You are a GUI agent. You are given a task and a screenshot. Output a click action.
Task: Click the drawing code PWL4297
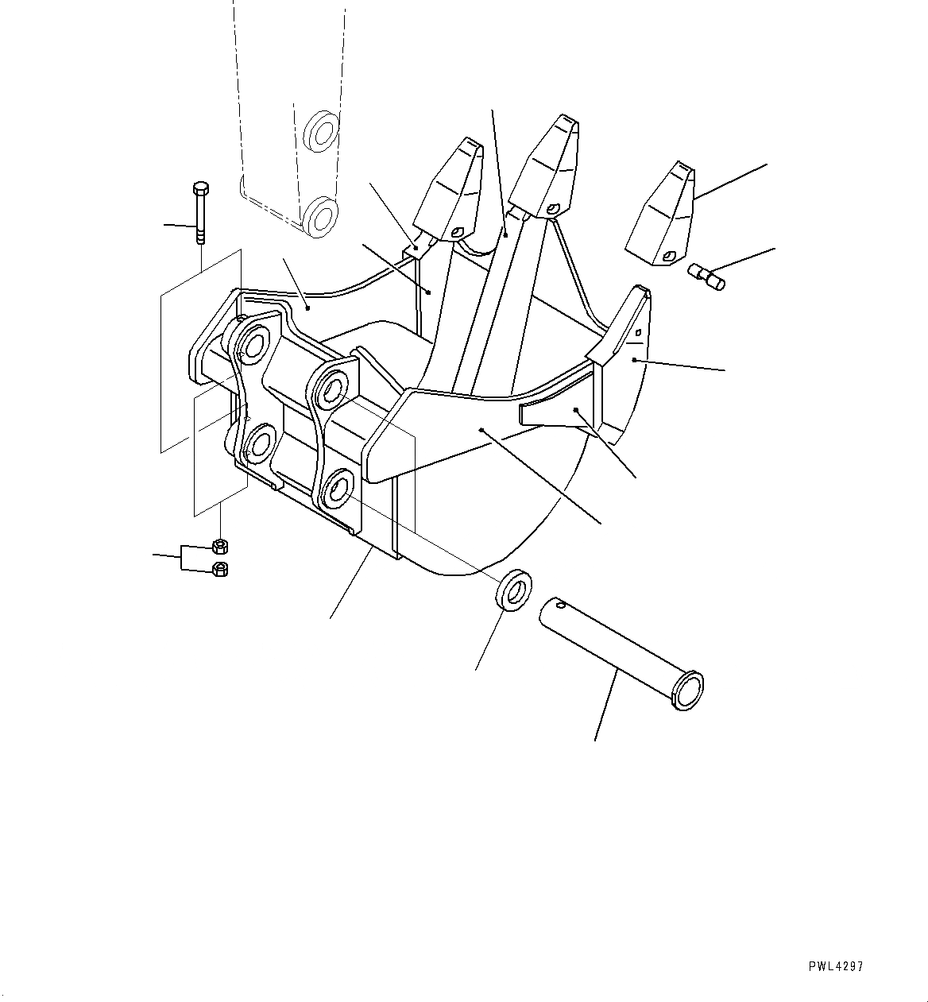pos(835,966)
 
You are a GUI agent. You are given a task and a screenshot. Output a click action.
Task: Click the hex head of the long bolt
pos(199,189)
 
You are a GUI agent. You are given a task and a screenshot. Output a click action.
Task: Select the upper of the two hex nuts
pos(220,546)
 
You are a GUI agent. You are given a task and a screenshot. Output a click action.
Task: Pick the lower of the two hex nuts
pos(221,568)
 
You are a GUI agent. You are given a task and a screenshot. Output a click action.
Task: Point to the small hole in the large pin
pos(563,606)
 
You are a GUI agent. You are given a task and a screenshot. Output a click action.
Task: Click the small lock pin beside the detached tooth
pos(706,277)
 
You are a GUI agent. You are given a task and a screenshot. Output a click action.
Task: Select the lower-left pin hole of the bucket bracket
pos(260,443)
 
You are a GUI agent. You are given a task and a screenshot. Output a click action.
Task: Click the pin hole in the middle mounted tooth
pos(551,210)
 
